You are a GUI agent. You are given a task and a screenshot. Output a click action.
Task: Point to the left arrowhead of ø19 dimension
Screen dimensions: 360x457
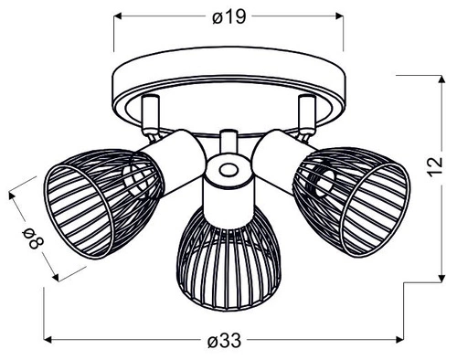tap(117, 16)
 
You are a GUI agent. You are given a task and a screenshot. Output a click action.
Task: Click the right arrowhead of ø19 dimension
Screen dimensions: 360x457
tap(340, 16)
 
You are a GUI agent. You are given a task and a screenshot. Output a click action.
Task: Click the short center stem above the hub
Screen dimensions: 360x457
tap(227, 144)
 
